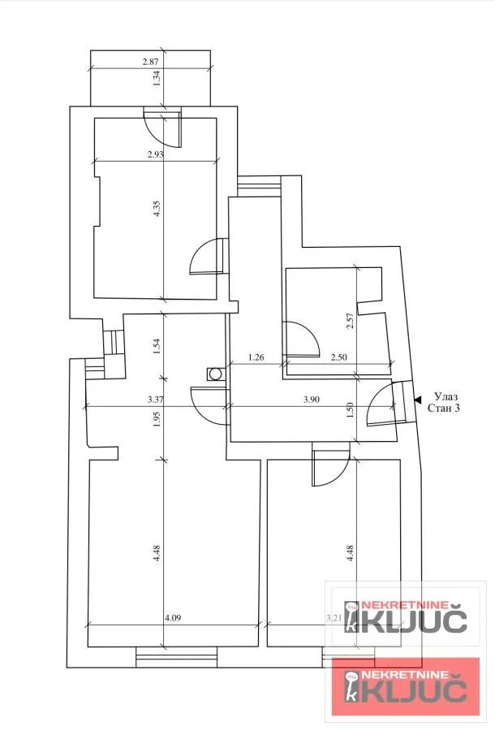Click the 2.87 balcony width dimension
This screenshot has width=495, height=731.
pos(152,62)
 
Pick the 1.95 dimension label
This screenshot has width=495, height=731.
pos(157,417)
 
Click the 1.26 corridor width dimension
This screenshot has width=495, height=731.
pos(256,357)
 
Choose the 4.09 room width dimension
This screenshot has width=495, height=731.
pos(172,619)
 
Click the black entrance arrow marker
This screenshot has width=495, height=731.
pos(417,399)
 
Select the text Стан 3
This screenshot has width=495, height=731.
pos(444,409)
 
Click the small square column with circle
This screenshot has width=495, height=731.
pos(216,374)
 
